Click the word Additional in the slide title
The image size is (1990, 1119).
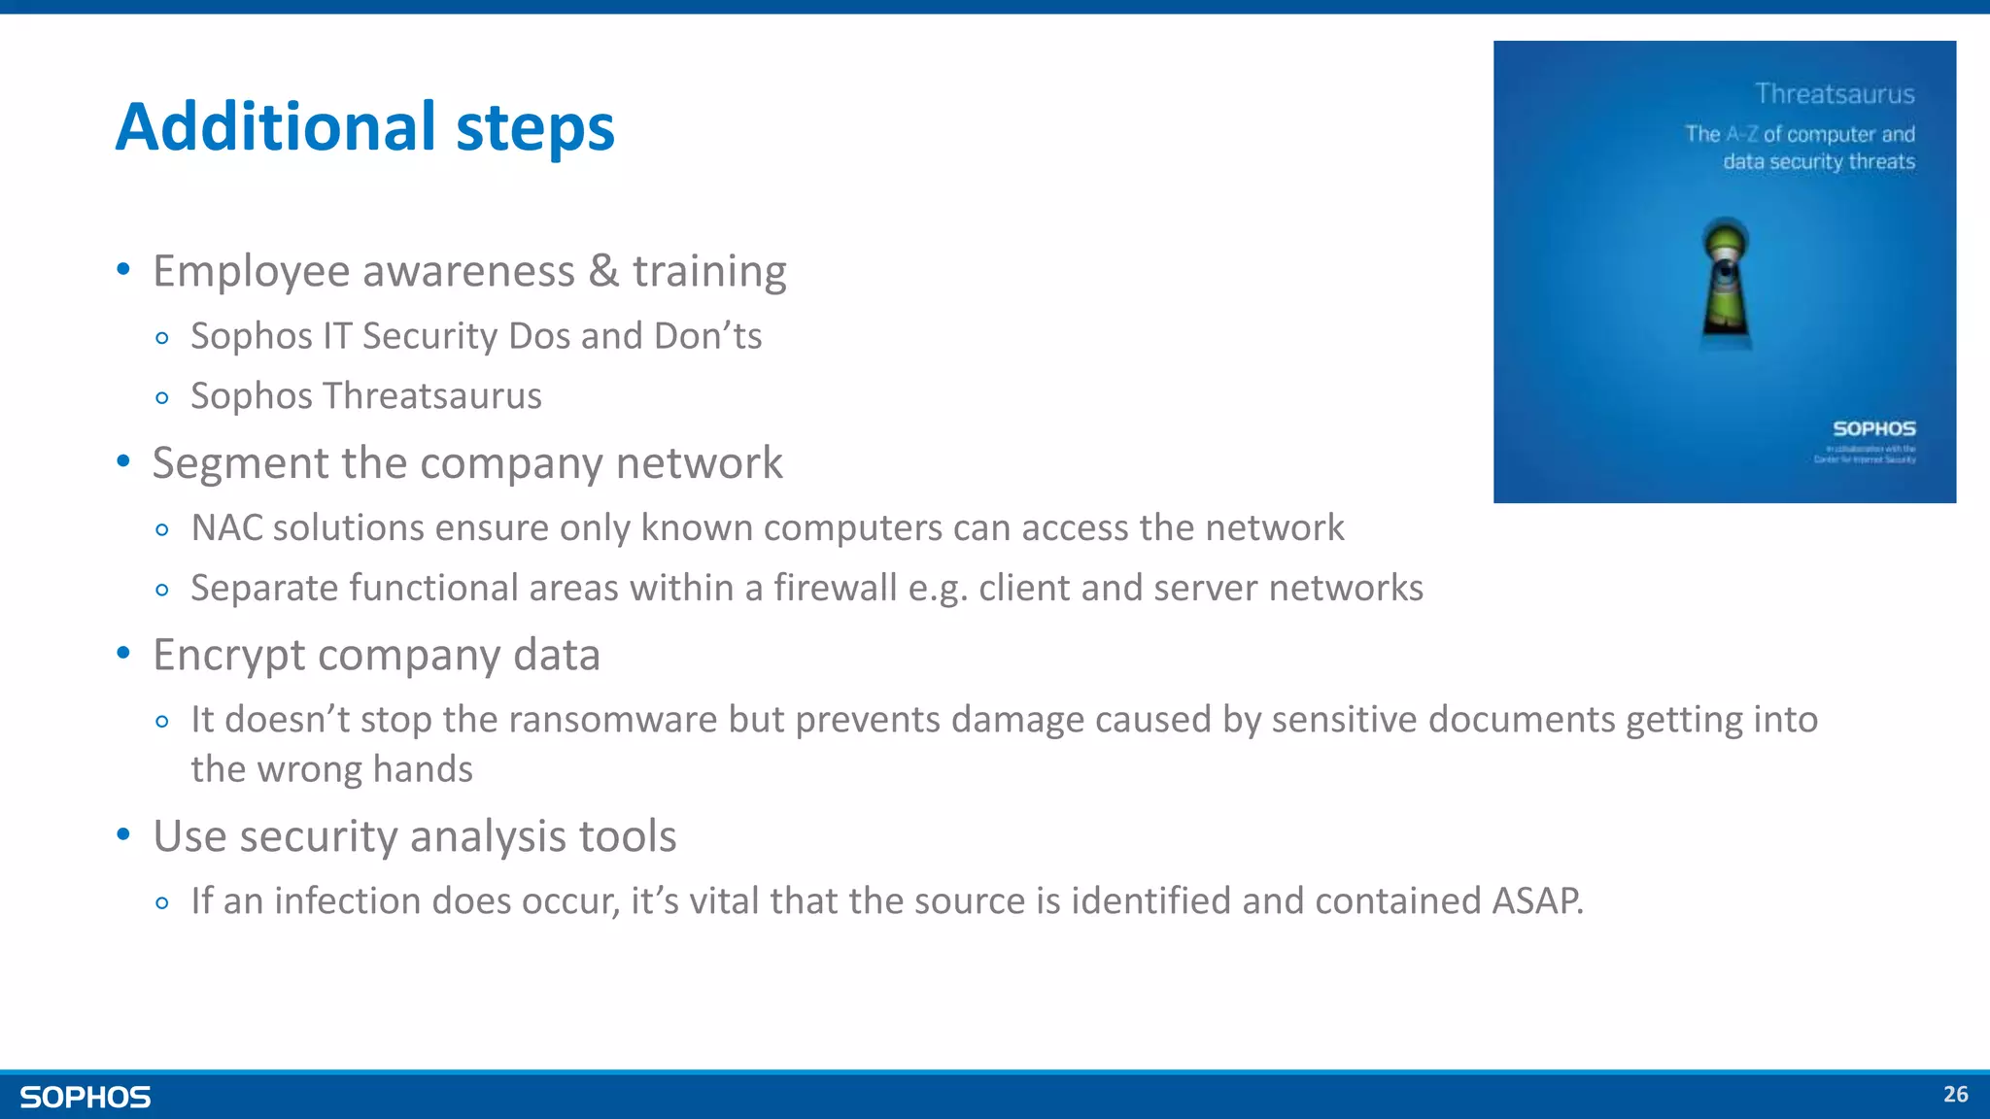[276, 127]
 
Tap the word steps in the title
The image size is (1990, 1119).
[534, 129]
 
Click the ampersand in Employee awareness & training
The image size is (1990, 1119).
[603, 271]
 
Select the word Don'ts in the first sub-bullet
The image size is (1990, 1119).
[707, 336]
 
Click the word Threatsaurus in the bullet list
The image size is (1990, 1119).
[432, 396]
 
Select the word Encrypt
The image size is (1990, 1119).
[228, 656]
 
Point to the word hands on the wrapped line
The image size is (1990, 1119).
[423, 769]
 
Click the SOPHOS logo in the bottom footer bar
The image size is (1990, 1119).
[86, 1098]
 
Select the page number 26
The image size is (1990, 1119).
[1955, 1095]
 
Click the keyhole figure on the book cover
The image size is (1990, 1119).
[1726, 282]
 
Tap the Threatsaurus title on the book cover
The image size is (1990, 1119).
[1834, 94]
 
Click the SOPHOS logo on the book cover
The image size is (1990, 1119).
[1873, 428]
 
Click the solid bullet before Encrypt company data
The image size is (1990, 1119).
[123, 654]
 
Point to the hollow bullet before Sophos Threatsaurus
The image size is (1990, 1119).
[162, 398]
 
